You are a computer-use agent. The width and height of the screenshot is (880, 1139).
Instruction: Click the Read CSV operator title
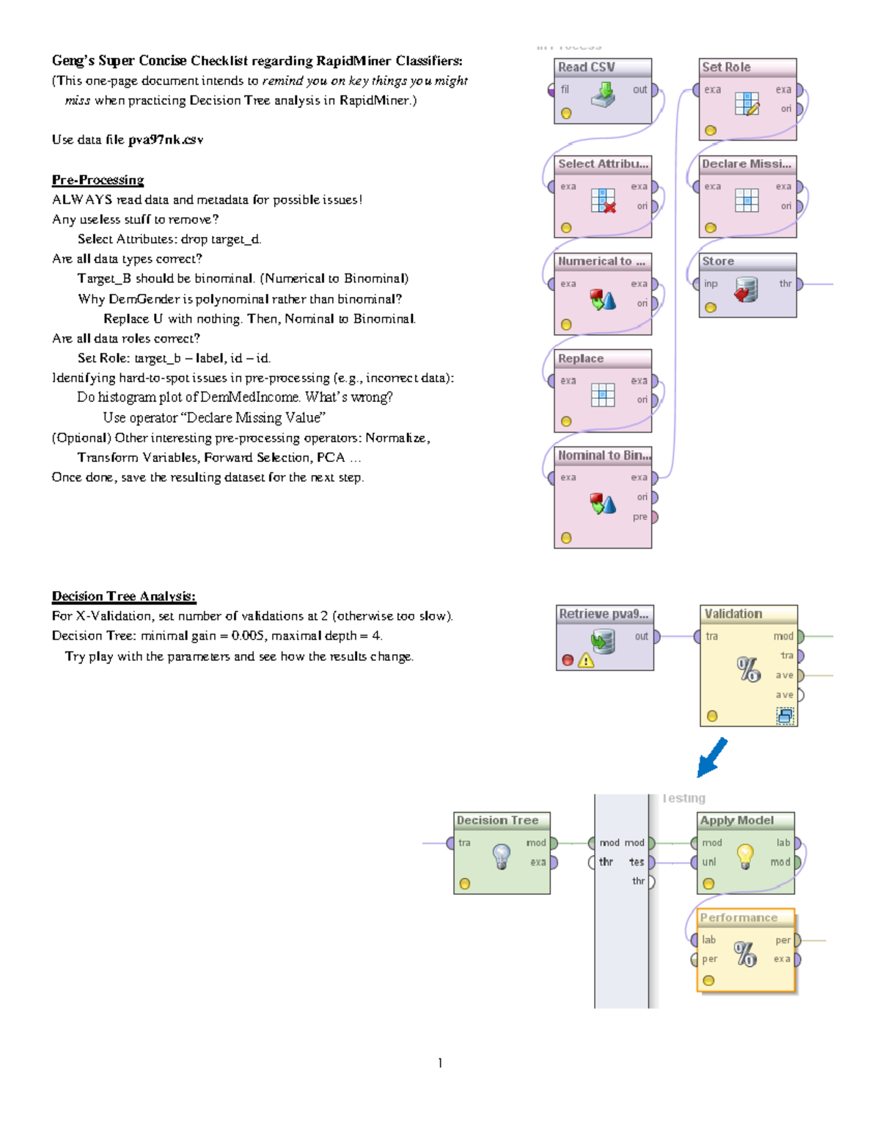pyautogui.click(x=587, y=67)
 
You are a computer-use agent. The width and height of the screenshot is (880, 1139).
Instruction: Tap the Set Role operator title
pyautogui.click(x=726, y=67)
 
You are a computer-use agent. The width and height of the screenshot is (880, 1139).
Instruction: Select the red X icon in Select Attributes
pyautogui.click(x=609, y=208)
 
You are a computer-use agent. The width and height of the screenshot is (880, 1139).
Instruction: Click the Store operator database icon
pyautogui.click(x=746, y=289)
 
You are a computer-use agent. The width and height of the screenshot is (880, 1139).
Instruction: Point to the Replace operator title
pyautogui.click(x=581, y=359)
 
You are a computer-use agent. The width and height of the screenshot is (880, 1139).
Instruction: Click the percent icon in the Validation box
pyautogui.click(x=749, y=669)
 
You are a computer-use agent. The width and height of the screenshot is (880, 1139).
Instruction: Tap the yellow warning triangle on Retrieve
pyautogui.click(x=585, y=661)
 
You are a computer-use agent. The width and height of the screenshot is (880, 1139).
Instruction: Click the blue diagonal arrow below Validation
pyautogui.click(x=711, y=758)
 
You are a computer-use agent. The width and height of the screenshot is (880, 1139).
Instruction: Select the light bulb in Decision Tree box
pyautogui.click(x=502, y=855)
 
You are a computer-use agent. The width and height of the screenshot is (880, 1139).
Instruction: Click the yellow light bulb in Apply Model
pyautogui.click(x=745, y=855)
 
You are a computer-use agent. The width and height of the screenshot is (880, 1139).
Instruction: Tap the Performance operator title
pyautogui.click(x=738, y=918)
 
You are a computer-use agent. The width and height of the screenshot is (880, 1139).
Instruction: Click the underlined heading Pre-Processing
pyautogui.click(x=98, y=180)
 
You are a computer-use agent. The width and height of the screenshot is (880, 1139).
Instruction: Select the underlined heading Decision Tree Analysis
pyautogui.click(x=124, y=596)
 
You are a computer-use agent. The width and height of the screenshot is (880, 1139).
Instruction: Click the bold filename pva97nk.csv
pyautogui.click(x=166, y=140)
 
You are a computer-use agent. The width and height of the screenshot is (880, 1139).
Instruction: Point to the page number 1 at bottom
pyautogui.click(x=440, y=1063)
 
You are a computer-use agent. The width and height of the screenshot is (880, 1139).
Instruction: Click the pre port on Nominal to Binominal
pyautogui.click(x=653, y=517)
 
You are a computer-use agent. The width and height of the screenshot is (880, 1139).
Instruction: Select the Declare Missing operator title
pyautogui.click(x=747, y=164)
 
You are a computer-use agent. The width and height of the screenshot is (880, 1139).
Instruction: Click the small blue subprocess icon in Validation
pyautogui.click(x=785, y=716)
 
